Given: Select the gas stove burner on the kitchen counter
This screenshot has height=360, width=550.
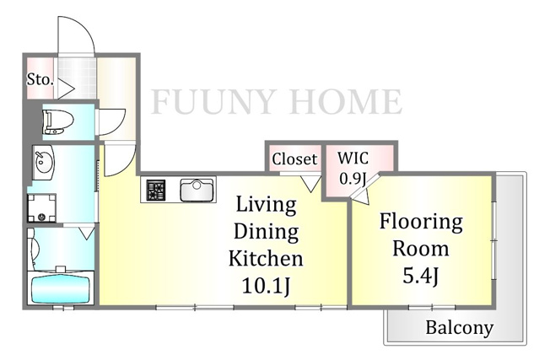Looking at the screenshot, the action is (x=156, y=190).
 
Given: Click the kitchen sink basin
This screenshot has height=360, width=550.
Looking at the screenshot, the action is (x=197, y=190).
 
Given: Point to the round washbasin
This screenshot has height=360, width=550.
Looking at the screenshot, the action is (x=44, y=163).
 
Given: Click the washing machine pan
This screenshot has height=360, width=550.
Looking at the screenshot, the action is (x=42, y=208).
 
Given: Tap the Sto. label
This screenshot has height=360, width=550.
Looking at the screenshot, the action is (x=40, y=79).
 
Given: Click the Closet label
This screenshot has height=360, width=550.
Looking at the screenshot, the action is (x=294, y=159).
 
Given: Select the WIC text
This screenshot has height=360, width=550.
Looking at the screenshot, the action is (x=353, y=159).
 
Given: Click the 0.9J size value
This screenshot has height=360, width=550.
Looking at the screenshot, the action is (x=353, y=179).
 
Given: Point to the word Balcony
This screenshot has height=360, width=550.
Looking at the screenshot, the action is (x=459, y=328).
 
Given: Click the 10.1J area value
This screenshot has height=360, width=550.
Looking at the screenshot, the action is (x=267, y=287).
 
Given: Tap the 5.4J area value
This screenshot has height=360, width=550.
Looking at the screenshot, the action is (x=420, y=277).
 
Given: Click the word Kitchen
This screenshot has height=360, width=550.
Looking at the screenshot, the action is (x=266, y=258).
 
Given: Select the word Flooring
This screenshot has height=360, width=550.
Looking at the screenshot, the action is (x=421, y=223).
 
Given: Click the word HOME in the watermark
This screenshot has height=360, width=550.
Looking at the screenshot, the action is (x=347, y=101).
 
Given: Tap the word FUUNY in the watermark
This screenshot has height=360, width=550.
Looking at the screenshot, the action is (x=213, y=101).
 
